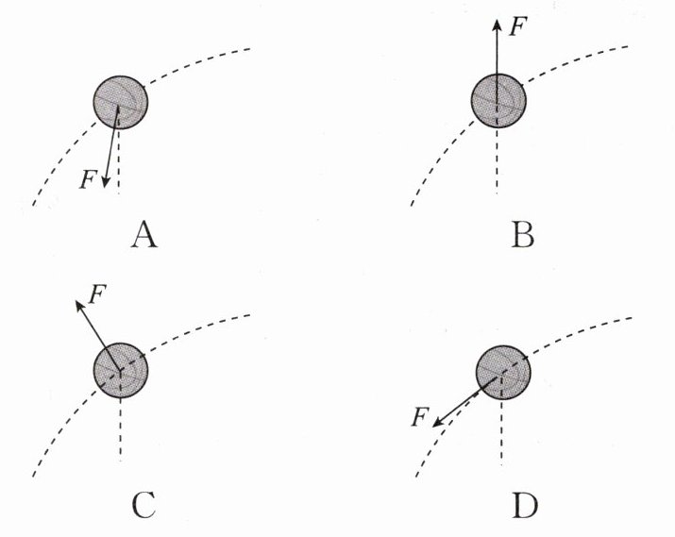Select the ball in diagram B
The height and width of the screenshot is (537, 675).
coord(498,98)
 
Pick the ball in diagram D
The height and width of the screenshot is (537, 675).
coord(502,371)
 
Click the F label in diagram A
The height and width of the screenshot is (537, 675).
coord(87,177)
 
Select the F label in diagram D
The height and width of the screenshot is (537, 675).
coord(421,416)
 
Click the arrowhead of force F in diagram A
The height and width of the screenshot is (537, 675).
coord(106,181)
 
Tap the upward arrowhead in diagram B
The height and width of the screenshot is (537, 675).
coord(498,23)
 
